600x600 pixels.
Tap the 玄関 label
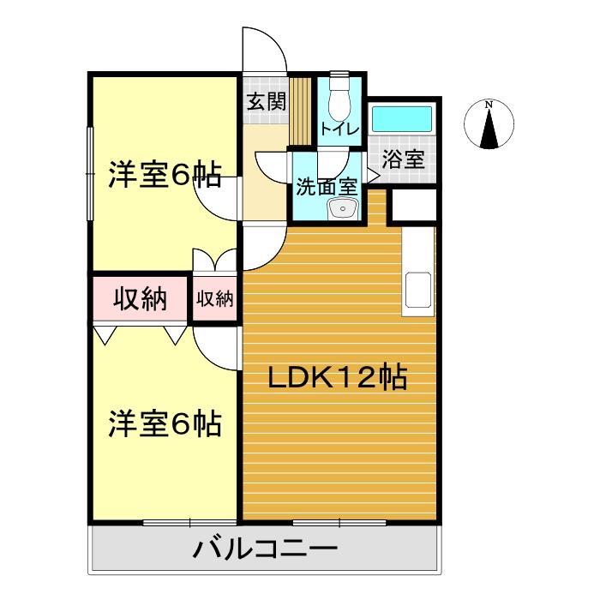[267, 102]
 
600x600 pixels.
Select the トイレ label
[339, 129]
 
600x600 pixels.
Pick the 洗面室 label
[326, 186]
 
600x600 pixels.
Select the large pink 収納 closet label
[140, 299]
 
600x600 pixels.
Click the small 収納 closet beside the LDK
[215, 298]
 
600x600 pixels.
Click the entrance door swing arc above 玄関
[263, 51]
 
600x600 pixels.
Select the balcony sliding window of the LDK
[339, 521]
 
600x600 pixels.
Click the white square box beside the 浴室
[413, 206]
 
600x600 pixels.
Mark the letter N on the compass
[489, 105]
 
